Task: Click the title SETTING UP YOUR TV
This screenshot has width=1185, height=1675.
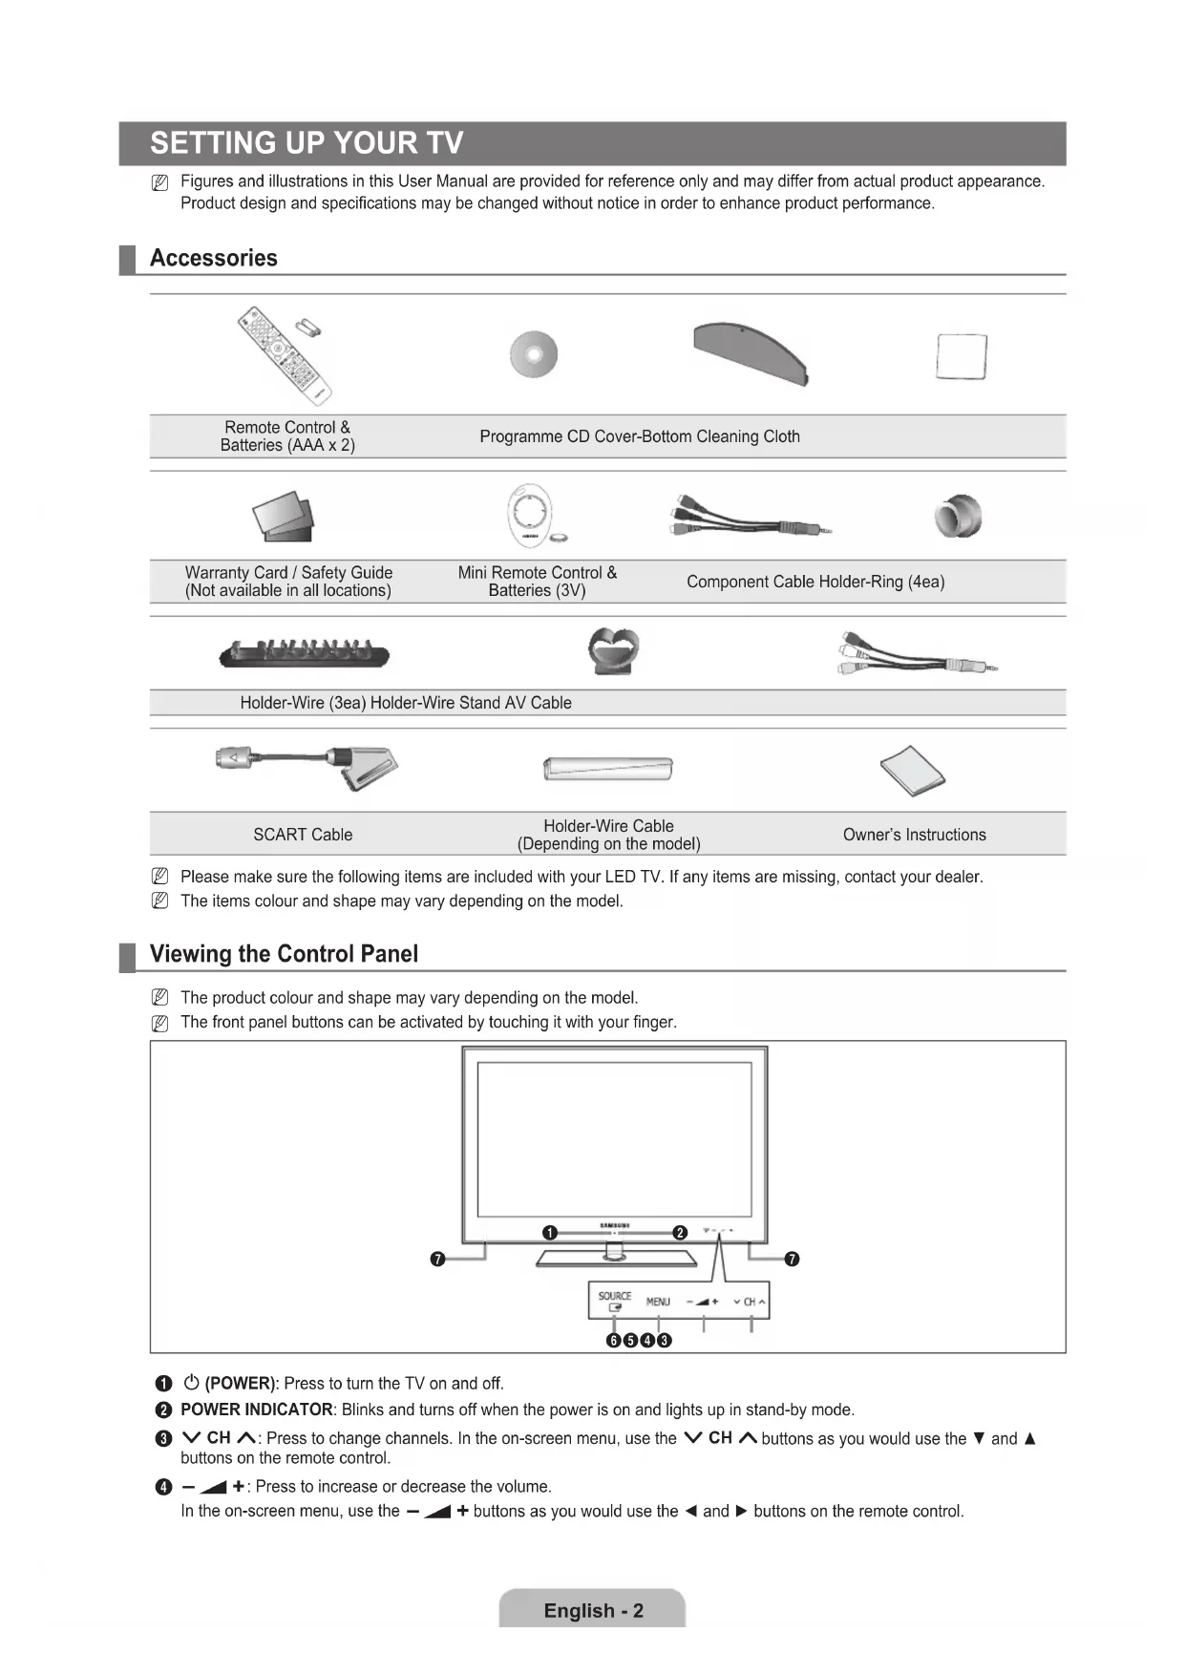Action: [307, 143]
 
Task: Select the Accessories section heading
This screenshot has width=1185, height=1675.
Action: [213, 258]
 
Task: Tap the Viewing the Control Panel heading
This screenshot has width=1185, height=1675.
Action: [284, 954]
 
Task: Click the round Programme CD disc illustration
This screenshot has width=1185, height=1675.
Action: [534, 354]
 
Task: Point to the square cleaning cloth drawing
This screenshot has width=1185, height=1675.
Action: [962, 357]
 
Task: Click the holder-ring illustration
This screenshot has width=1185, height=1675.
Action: [958, 517]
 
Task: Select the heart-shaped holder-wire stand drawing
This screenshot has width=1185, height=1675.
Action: [612, 650]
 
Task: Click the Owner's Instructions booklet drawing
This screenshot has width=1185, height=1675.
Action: [912, 771]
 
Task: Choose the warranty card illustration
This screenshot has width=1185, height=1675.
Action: [283, 516]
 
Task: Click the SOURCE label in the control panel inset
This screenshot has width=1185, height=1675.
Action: [615, 1296]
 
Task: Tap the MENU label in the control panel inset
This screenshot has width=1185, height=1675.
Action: [658, 1302]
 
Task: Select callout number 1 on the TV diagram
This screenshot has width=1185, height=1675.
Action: [549, 1232]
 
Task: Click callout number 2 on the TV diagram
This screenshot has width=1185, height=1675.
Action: [680, 1232]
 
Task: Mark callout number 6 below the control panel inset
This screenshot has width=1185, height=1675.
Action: [614, 1340]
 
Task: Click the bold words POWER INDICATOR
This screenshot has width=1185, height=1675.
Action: [256, 1410]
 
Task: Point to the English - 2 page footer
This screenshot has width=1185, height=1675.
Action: [593, 1611]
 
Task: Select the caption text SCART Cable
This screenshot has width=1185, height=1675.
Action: [303, 835]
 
